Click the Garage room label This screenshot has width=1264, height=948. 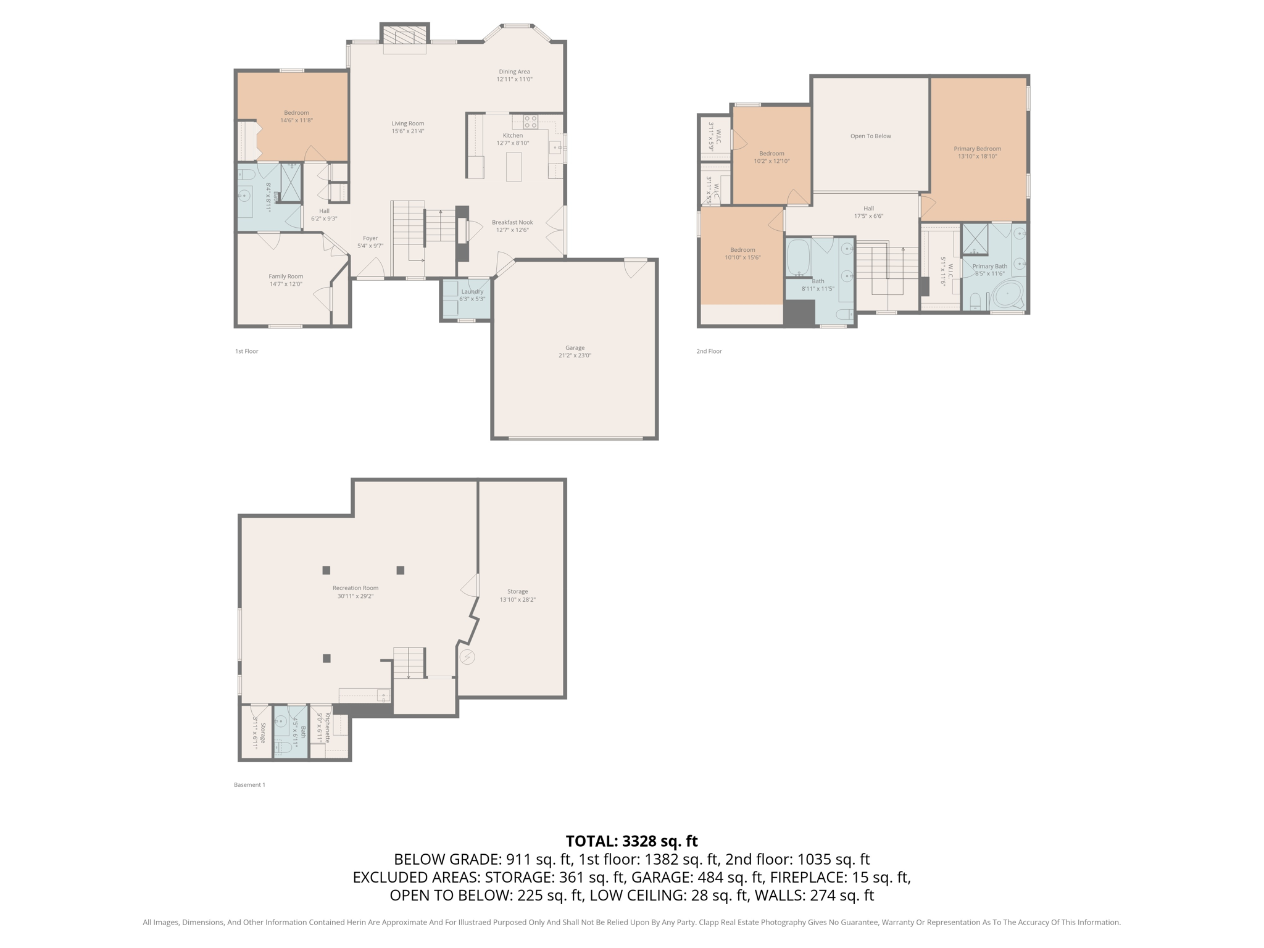(575, 347)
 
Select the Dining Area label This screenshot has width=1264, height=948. (514, 72)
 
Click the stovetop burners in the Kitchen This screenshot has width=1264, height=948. (531, 122)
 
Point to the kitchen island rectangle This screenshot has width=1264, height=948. (513, 167)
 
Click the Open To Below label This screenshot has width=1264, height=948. (870, 136)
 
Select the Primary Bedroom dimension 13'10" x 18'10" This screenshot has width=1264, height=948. (977, 157)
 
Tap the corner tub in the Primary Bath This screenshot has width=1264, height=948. (1007, 295)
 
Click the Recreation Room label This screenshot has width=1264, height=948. (355, 588)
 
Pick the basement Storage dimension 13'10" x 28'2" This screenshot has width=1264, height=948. (517, 599)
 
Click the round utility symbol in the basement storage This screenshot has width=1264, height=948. (467, 657)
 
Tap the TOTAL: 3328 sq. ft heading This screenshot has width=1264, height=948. (631, 841)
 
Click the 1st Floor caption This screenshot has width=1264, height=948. (246, 351)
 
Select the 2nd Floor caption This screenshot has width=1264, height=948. (709, 351)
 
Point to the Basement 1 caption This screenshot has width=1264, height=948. (249, 785)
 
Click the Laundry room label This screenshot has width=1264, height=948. (472, 291)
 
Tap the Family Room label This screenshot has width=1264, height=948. (286, 276)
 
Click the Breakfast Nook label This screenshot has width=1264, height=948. (512, 222)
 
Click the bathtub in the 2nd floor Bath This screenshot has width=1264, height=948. (798, 258)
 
